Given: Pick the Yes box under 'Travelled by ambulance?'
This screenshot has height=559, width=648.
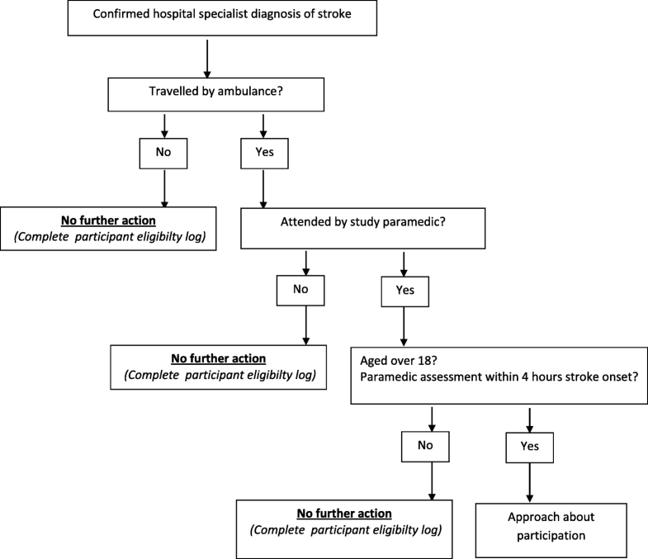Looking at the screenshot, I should coord(263,154).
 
